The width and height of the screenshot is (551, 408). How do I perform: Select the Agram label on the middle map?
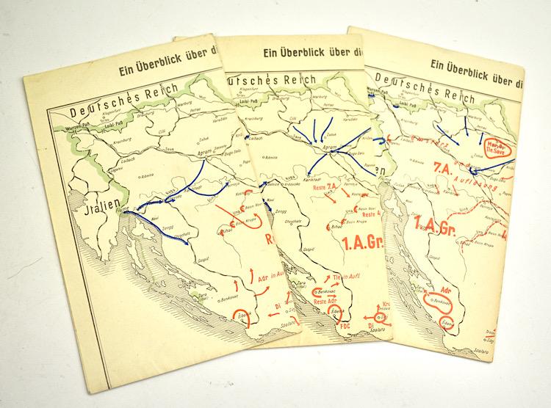click(x=330, y=147)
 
